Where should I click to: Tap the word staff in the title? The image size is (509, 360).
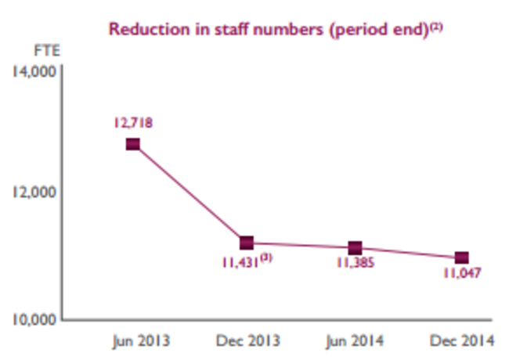208,29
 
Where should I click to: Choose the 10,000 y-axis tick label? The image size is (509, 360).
32,319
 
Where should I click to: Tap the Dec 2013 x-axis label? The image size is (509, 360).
247,340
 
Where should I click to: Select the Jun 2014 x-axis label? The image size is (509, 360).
355,340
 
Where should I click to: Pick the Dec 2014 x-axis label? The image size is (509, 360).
462,340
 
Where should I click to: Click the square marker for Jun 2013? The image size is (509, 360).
133,144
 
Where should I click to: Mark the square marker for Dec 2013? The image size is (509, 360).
247,243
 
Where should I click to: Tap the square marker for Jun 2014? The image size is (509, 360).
355,248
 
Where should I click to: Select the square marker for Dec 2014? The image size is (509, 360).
462,258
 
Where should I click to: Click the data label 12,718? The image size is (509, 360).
133,122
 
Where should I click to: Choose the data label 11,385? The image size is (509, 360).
355,264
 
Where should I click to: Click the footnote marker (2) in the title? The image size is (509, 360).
436,26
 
